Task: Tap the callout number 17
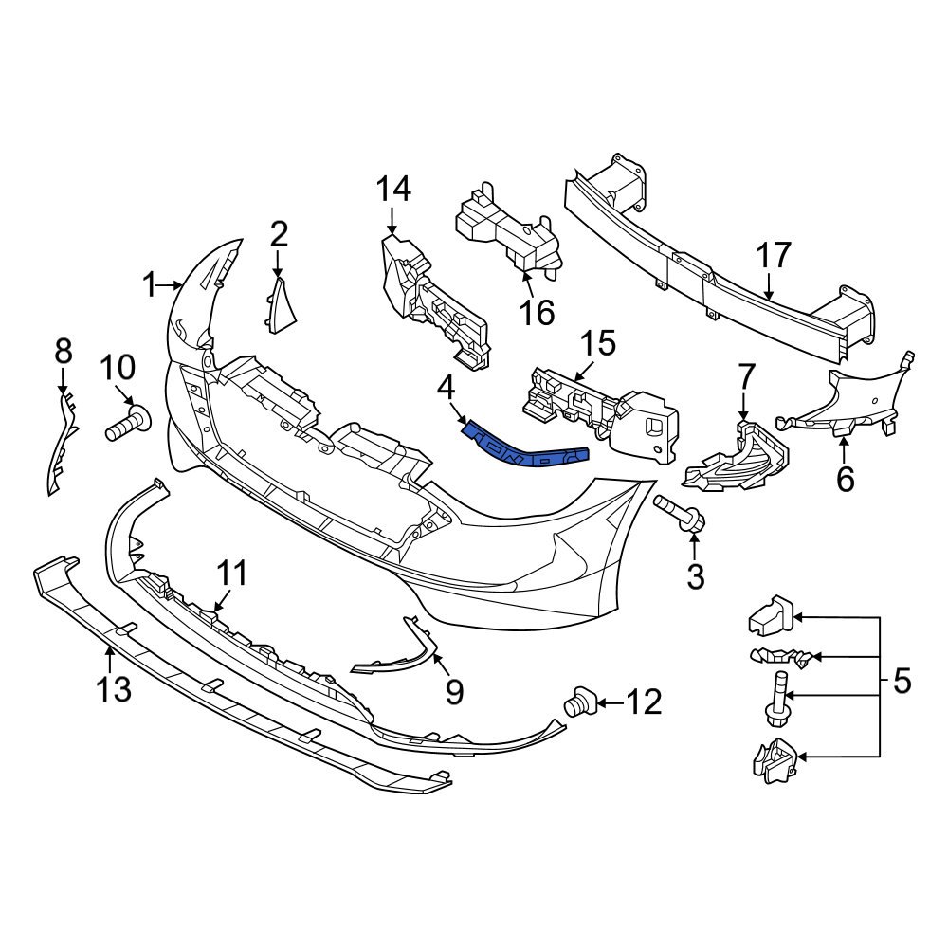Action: point(773,255)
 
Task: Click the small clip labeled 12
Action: point(578,703)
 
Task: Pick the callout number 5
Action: point(902,680)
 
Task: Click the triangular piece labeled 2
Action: point(281,306)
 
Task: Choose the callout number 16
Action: point(538,312)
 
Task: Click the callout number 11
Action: point(231,573)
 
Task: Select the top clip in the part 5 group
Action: point(770,618)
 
